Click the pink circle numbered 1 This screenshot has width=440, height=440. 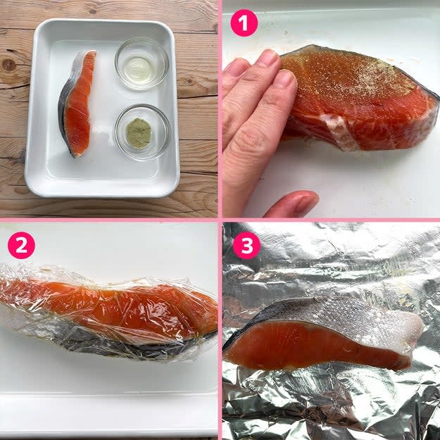[244, 23]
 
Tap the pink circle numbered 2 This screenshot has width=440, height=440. [21, 245]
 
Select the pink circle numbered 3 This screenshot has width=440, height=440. [247, 245]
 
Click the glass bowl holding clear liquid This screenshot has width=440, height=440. [142, 63]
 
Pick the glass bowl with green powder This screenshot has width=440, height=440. [142, 132]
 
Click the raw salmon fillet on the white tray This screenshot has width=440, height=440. [77, 103]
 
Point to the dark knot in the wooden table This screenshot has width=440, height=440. [9, 65]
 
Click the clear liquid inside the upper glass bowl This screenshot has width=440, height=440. [138, 69]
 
